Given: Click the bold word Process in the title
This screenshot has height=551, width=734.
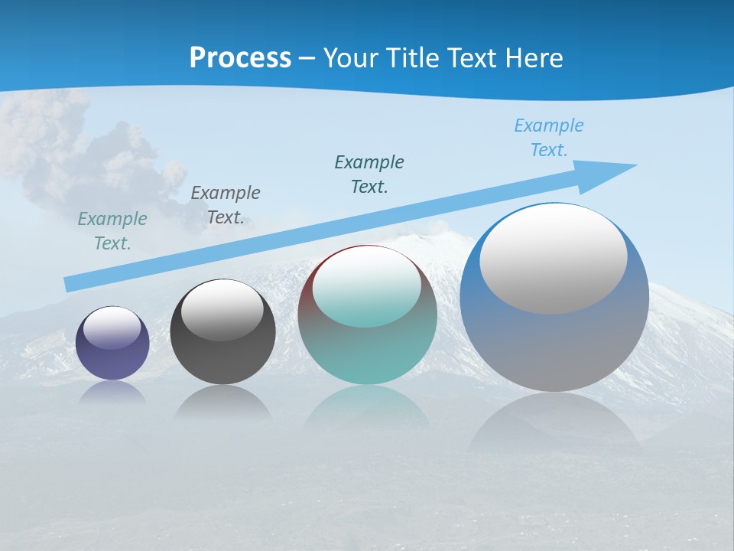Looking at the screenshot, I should pyautogui.click(x=240, y=57).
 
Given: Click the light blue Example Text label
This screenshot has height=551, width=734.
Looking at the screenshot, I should pyautogui.click(x=548, y=138).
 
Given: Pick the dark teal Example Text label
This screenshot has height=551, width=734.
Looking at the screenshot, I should pyautogui.click(x=369, y=174).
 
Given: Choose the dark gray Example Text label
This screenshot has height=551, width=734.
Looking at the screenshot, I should pyautogui.click(x=226, y=205).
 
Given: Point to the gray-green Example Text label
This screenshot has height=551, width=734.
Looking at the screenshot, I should pyautogui.click(x=112, y=231).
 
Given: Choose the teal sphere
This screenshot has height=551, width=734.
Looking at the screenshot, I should pyautogui.click(x=368, y=352).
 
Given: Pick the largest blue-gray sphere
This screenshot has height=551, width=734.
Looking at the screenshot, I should pyautogui.click(x=554, y=344).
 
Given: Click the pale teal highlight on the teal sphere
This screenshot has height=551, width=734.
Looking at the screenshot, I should pyautogui.click(x=367, y=286).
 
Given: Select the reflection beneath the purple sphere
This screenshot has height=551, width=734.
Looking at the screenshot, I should pyautogui.click(x=112, y=392).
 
